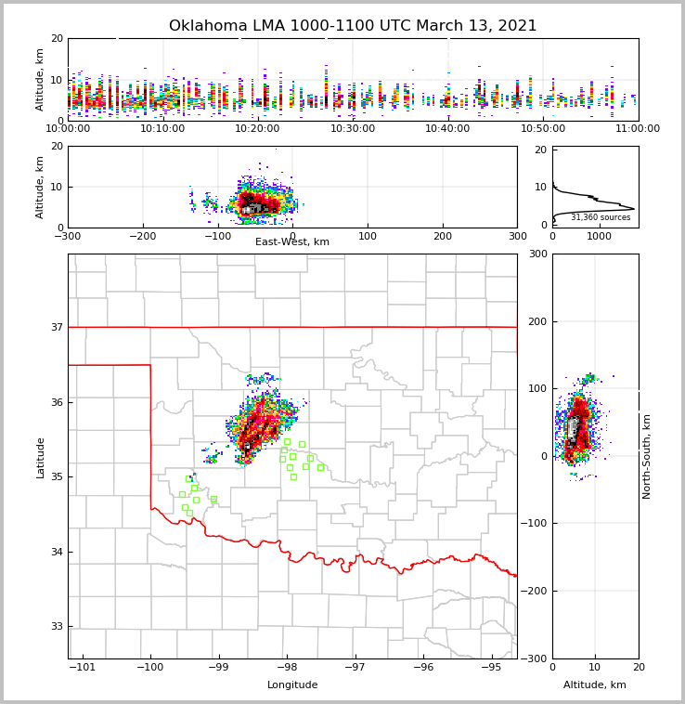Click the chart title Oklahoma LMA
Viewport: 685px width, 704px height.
click(353, 26)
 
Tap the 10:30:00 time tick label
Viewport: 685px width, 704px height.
click(353, 129)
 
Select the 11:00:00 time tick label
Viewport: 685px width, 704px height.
click(638, 129)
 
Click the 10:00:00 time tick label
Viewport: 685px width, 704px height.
click(68, 129)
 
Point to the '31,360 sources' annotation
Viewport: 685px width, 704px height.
click(601, 217)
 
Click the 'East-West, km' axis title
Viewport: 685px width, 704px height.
click(292, 242)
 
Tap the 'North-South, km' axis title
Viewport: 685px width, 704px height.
click(647, 456)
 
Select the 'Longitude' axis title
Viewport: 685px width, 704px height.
click(292, 685)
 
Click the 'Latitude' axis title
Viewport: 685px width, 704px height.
click(41, 457)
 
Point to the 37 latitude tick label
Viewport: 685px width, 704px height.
click(58, 328)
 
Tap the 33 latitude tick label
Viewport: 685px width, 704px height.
click(58, 627)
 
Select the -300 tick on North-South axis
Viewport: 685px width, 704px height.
click(537, 658)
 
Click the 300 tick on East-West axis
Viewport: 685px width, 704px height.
click(517, 237)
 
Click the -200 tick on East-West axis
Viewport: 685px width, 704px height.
click(143, 237)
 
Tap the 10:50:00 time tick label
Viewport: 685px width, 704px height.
click(543, 129)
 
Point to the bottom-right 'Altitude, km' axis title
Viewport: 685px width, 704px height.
click(595, 685)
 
